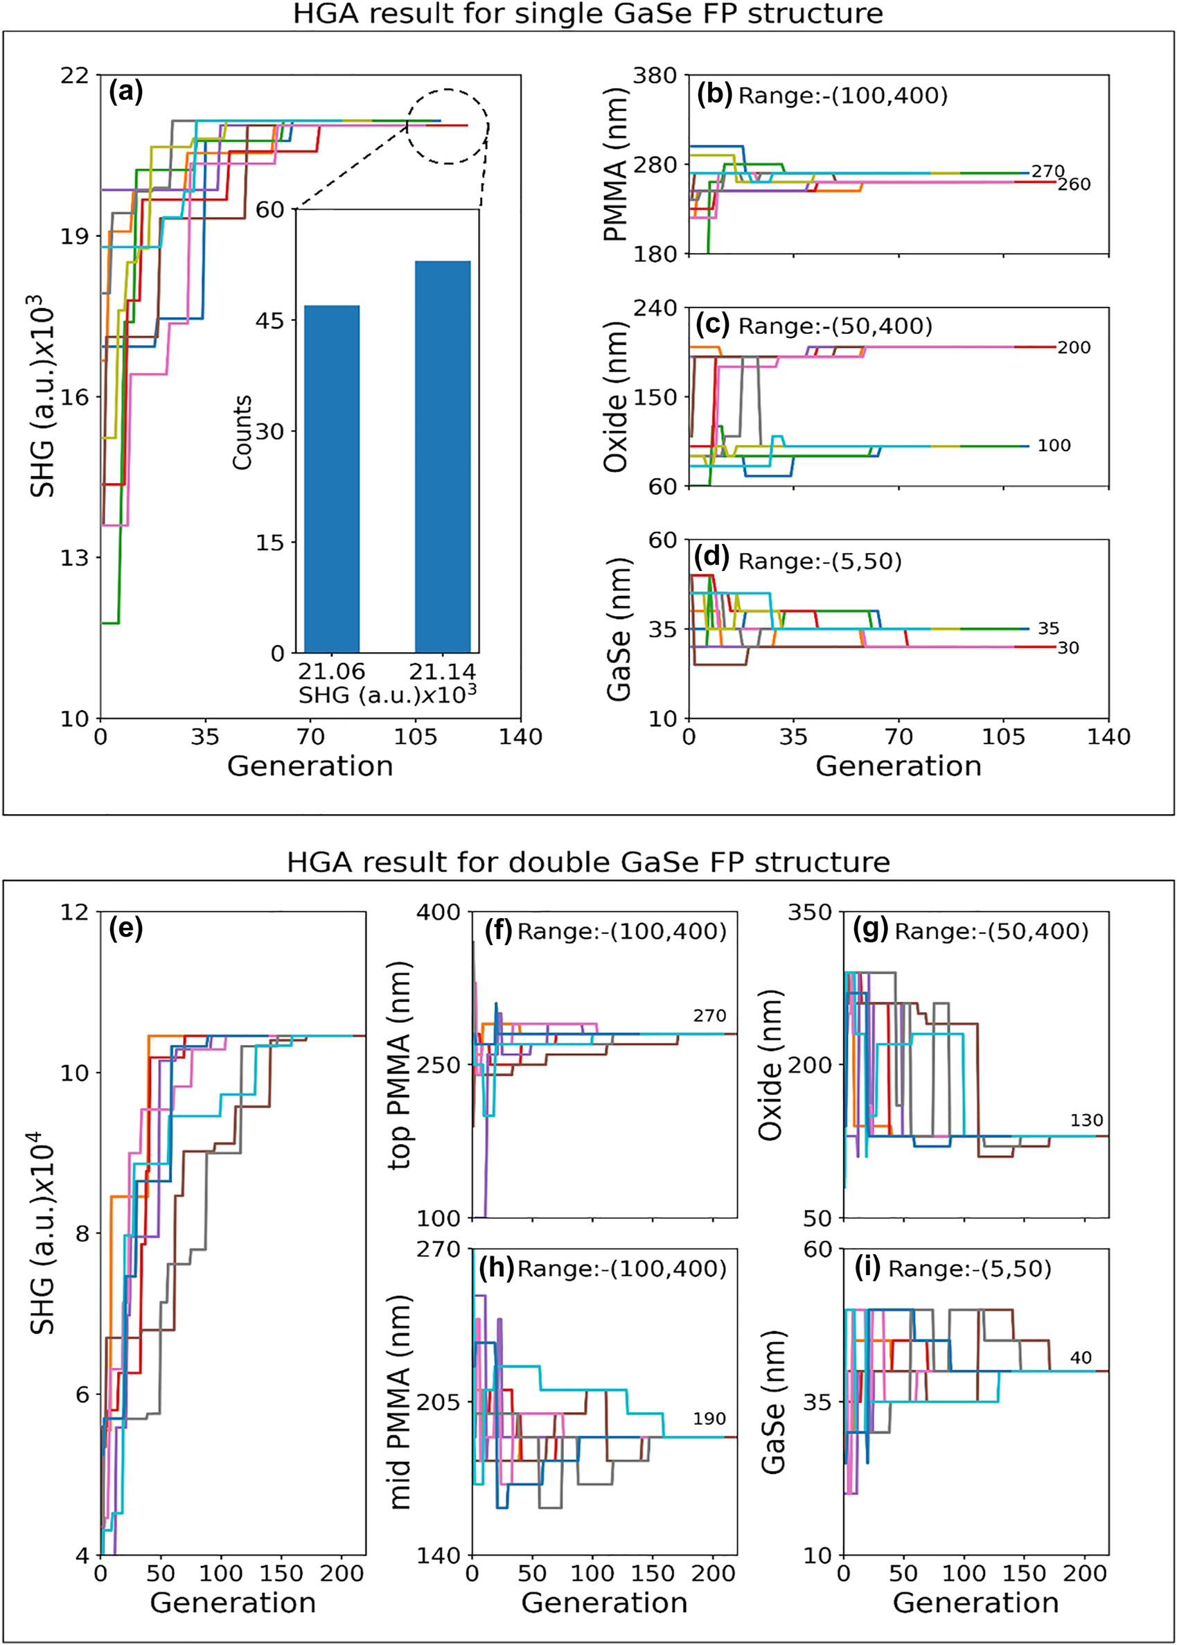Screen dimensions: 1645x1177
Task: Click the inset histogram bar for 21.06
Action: (x=332, y=479)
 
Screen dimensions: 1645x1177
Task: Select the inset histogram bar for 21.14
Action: (x=442, y=457)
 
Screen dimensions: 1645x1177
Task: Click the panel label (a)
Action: (x=125, y=92)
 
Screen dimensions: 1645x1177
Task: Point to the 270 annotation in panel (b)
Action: (x=1048, y=171)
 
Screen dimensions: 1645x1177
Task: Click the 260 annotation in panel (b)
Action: (x=1073, y=184)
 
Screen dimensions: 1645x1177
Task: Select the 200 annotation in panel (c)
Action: (x=1073, y=347)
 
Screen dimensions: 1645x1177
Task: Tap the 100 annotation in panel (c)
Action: (x=1053, y=446)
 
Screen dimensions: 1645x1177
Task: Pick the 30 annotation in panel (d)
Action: (x=1068, y=648)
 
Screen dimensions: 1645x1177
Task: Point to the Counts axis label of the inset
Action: (x=242, y=432)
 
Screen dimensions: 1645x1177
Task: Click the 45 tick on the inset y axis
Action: (x=269, y=320)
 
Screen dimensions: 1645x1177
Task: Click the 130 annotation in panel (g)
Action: (x=1086, y=1120)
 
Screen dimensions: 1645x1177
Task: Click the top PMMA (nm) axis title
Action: (x=399, y=1065)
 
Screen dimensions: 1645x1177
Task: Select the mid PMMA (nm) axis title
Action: (x=399, y=1401)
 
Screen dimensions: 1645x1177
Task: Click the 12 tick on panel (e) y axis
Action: (x=75, y=912)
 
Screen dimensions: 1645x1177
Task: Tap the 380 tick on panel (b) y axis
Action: (x=655, y=76)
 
